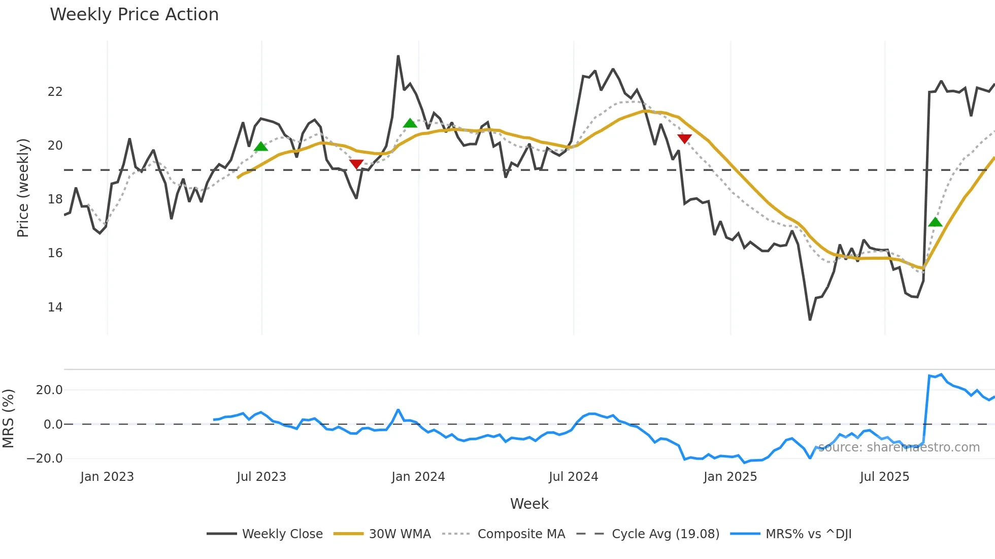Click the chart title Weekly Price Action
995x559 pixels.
(x=134, y=15)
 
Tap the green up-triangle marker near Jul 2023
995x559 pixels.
(x=260, y=147)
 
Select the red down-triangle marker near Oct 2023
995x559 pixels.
(x=356, y=164)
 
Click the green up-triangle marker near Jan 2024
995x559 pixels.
(x=410, y=123)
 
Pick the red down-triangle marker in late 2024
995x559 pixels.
(x=684, y=138)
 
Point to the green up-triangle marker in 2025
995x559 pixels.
(x=935, y=222)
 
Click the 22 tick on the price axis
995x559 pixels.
(x=55, y=92)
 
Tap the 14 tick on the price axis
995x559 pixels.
(x=55, y=307)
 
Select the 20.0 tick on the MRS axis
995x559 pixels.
(x=49, y=390)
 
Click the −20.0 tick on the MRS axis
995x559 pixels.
(x=45, y=459)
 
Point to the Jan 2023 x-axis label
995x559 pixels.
(x=107, y=477)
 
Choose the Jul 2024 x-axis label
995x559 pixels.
(x=573, y=477)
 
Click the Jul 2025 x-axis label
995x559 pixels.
(x=884, y=477)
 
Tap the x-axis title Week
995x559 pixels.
(x=529, y=504)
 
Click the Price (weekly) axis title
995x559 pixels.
(x=23, y=188)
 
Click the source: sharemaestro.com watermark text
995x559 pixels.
(x=899, y=447)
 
